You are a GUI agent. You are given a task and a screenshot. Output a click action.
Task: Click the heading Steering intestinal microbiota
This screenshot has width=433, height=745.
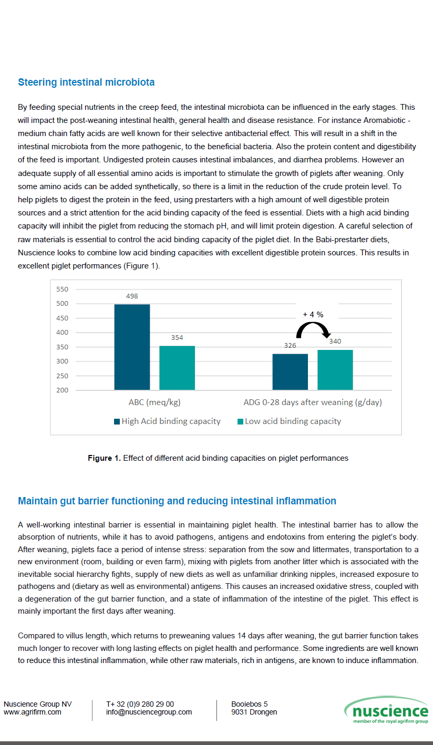(x=86, y=82)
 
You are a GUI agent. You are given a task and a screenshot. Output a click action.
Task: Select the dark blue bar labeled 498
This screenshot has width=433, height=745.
(x=132, y=347)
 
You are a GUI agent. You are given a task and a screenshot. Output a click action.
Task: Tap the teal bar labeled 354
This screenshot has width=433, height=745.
(x=177, y=367)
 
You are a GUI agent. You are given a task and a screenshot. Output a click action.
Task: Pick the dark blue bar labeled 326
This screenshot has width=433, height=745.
(x=290, y=371)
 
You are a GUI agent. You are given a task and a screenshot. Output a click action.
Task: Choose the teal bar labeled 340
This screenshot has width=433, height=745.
(x=335, y=369)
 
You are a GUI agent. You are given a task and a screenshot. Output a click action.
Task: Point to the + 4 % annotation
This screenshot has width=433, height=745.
(x=313, y=314)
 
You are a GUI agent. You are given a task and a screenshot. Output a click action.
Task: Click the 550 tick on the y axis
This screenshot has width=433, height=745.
(x=62, y=289)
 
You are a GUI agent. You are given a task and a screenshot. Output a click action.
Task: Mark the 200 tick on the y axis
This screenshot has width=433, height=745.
(x=62, y=390)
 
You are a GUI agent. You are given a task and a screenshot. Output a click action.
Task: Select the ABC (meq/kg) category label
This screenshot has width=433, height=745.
(x=154, y=403)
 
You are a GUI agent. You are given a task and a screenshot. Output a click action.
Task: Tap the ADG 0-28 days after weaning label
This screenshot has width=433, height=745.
(x=313, y=403)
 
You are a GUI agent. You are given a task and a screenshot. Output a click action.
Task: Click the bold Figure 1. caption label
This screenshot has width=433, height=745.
(x=104, y=458)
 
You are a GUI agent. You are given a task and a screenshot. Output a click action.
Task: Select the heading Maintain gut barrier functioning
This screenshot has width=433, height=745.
(x=177, y=501)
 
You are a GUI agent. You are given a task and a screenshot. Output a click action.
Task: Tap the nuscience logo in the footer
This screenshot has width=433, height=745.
(x=387, y=710)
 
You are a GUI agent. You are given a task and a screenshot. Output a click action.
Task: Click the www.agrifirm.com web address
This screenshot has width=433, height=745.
(x=33, y=712)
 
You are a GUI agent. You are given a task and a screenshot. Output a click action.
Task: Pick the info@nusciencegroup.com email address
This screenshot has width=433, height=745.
(x=149, y=712)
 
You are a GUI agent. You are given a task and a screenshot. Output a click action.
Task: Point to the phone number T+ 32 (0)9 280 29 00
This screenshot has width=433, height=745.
(x=140, y=704)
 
